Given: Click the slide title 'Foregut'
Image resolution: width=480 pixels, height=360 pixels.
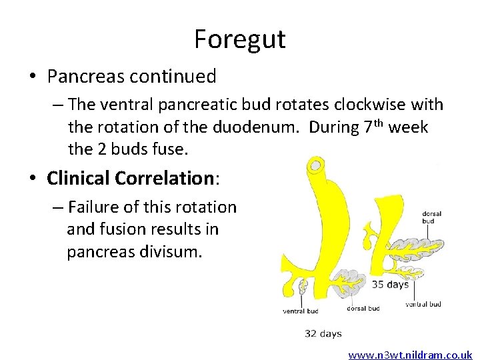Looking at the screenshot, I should (x=239, y=39).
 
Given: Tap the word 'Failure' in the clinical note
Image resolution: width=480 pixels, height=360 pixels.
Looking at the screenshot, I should (x=98, y=207).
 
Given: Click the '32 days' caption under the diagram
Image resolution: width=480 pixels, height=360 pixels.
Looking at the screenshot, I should (x=323, y=333).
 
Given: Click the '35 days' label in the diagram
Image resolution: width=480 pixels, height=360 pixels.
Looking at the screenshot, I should (x=390, y=284).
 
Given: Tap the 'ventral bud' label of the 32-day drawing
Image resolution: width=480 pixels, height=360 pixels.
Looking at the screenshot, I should (x=300, y=311).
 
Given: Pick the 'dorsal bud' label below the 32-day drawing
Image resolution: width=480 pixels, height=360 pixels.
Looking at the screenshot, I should (x=363, y=309).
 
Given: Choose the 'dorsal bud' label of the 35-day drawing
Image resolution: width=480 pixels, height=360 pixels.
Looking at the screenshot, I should (x=431, y=218).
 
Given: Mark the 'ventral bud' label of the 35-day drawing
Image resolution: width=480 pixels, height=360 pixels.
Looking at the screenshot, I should (x=423, y=305).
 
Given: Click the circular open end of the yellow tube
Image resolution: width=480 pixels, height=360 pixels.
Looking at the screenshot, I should (x=314, y=164).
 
